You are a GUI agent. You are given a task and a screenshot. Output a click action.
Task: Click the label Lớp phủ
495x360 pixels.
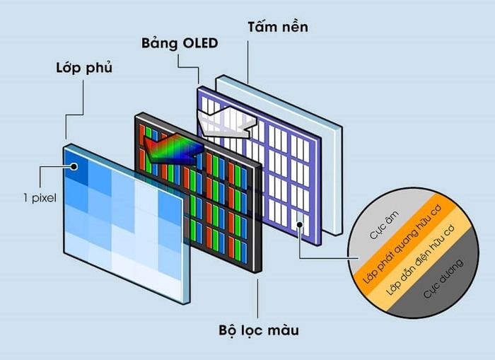coord(84,69)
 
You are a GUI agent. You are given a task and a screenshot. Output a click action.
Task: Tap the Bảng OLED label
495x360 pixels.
coord(178,43)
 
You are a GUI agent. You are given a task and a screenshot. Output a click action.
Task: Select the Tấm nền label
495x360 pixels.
coord(277,28)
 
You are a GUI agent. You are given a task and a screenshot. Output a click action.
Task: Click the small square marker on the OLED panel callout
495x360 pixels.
coord(301,226)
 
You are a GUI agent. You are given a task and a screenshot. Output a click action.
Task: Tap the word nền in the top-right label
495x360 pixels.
coord(294,28)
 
